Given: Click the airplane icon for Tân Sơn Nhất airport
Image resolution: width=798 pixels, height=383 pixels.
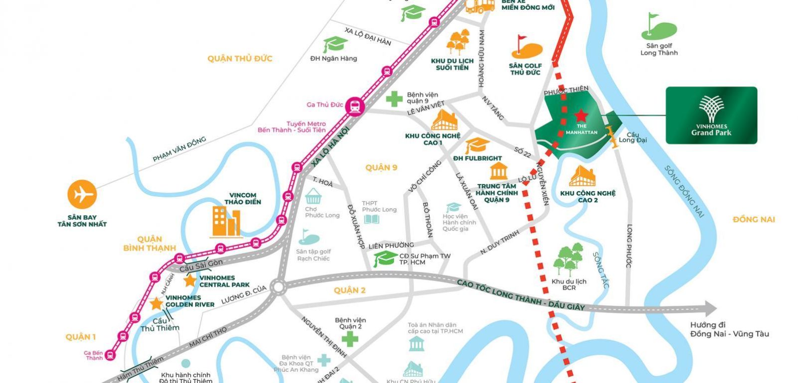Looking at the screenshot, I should [82, 194].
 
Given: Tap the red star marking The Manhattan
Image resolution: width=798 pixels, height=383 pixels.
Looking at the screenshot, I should [580, 116].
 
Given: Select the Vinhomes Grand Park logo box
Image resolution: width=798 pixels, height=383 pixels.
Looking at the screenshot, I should [711, 115].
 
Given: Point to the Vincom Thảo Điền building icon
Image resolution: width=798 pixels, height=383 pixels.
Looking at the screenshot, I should [226, 221].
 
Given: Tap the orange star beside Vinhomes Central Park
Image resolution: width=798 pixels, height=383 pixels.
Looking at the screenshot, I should [190, 281].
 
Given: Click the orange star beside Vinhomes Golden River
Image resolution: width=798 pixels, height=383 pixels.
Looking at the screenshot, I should [157, 303].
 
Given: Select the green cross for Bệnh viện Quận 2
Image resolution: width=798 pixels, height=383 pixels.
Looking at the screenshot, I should [350, 339].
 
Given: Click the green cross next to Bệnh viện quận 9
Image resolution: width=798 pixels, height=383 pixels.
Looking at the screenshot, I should [394, 98].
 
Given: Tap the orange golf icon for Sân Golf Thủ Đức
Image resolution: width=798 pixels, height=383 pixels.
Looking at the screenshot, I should [526, 47].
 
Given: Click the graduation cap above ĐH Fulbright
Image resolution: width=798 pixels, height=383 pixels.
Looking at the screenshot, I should [477, 145].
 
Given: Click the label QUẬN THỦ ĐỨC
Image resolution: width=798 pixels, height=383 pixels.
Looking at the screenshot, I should [240, 58].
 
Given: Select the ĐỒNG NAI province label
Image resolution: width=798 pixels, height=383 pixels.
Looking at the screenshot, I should [753, 219].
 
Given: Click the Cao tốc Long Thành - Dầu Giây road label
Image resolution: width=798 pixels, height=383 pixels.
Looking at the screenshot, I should [521, 295].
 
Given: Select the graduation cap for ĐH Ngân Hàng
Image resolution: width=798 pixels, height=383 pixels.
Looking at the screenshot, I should [335, 44].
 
